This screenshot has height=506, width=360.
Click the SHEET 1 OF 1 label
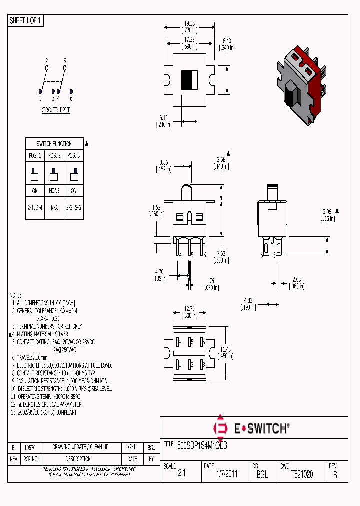tap(26, 21)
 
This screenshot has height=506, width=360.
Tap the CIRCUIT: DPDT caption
tap(55, 110)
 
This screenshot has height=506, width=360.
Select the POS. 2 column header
tap(54, 155)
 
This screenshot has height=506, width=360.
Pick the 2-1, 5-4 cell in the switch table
tap(35, 206)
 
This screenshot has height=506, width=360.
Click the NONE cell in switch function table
tap(54, 191)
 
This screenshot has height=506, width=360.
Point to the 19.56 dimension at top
tap(189, 23)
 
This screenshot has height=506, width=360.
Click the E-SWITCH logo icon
tap(220, 428)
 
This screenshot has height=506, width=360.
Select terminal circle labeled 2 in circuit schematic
tap(47, 68)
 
